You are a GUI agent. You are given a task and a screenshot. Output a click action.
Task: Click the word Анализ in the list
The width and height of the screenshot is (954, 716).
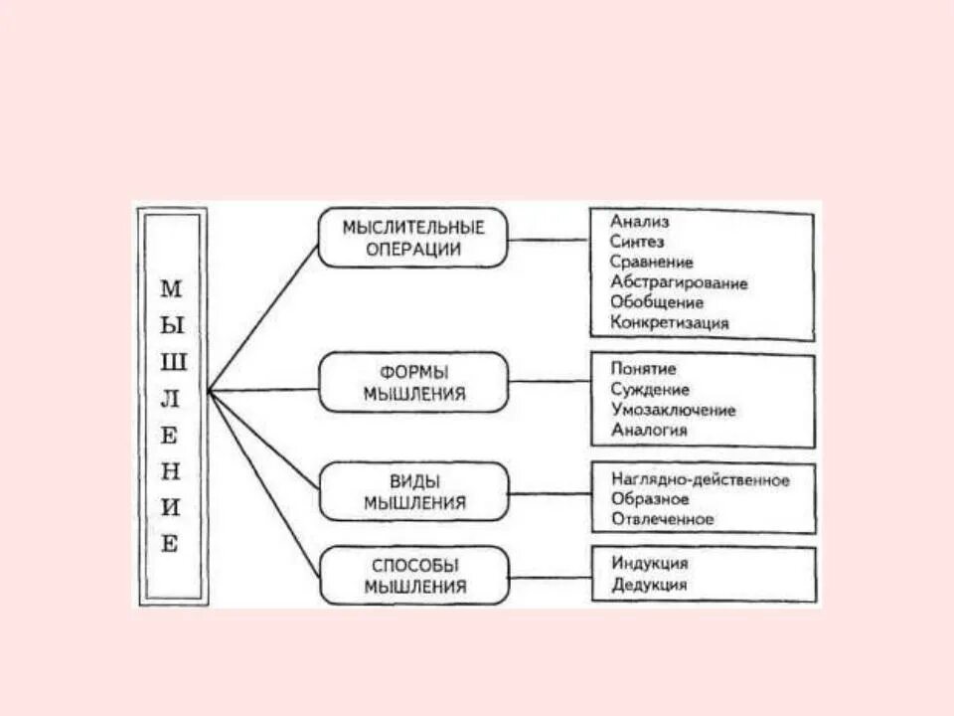[x=641, y=222]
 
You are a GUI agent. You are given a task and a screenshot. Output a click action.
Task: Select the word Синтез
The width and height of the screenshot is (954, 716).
[x=638, y=242]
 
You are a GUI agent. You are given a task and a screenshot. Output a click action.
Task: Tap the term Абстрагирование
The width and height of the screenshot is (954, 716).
[x=680, y=282]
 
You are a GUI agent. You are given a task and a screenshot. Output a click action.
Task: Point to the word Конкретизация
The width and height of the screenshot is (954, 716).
[x=670, y=323]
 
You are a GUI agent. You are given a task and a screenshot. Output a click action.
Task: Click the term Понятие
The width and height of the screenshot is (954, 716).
[x=644, y=369]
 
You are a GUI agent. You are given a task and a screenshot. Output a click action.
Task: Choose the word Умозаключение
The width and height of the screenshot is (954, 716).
[x=673, y=410]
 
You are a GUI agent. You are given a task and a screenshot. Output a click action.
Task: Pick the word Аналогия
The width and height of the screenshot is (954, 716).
[x=649, y=431]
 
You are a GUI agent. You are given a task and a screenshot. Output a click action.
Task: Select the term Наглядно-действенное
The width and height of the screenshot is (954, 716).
[x=701, y=480]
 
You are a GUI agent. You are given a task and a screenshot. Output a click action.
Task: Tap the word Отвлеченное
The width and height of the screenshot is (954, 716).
[x=663, y=519]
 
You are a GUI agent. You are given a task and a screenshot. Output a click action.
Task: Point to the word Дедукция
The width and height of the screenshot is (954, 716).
[x=649, y=585]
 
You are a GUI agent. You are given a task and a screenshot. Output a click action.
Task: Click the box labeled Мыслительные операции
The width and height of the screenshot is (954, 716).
[x=413, y=238]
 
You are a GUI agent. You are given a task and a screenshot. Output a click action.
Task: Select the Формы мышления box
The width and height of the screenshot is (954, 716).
[x=413, y=382]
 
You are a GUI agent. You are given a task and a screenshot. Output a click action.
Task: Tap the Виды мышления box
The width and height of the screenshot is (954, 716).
[x=413, y=491]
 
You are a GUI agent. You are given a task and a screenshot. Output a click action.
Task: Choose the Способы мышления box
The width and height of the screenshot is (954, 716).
[x=413, y=576]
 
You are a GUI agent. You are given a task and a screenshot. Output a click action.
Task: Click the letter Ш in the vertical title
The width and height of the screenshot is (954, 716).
[x=172, y=363]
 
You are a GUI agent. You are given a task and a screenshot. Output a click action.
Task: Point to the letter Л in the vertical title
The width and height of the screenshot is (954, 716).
[x=172, y=399]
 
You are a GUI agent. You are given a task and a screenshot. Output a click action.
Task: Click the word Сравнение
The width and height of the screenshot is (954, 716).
[x=652, y=263]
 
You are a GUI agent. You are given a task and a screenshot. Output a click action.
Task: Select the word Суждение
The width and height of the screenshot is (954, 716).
[x=650, y=390]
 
